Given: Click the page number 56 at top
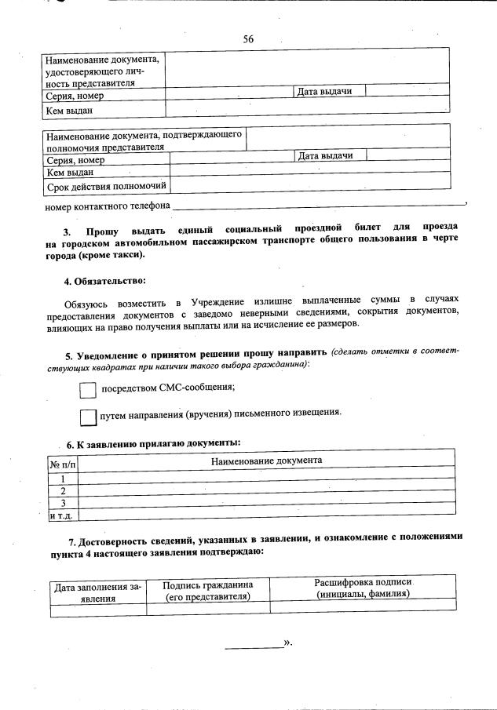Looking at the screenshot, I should [248, 39].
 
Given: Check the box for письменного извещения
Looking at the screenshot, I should [89, 416].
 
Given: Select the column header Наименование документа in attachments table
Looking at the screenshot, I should [266, 460].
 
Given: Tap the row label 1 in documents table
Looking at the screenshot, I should [62, 478].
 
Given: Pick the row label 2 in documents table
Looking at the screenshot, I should [62, 490].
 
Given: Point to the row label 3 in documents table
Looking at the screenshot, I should [62, 502].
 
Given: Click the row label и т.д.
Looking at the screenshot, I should [60, 515].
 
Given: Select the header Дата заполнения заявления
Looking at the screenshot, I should [97, 591].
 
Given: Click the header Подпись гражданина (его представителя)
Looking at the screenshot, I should [207, 590].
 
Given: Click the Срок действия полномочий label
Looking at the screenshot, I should [106, 186].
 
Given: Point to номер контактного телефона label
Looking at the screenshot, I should [108, 206].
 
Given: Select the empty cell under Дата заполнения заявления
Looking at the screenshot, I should [97, 609].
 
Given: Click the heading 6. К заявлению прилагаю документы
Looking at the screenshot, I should [153, 443].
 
